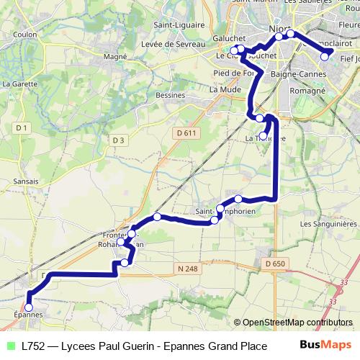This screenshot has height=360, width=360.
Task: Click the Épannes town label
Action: tap(28, 315)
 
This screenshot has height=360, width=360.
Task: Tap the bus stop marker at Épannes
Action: tap(29, 306)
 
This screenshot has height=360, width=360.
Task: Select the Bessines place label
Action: tap(170, 94)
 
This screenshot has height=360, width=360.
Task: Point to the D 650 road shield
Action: tap(274, 264)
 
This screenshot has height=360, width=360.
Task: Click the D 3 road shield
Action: tap(119, 140)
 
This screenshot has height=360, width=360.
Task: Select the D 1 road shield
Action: tap(22, 128)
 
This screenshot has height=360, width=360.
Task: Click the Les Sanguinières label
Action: tap(328, 224)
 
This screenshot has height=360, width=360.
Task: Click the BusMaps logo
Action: tap(326, 346)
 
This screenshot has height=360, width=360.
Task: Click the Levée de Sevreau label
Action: tap(171, 45)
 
